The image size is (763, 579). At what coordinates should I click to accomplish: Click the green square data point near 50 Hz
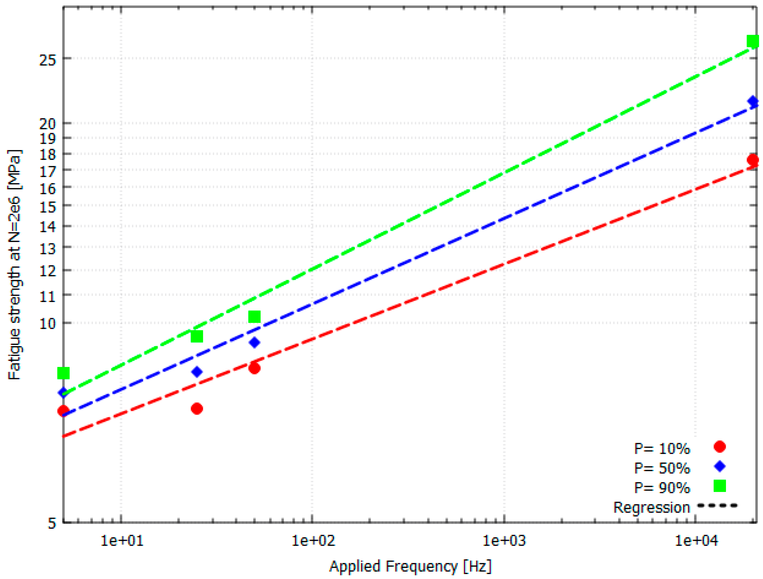[x=254, y=317]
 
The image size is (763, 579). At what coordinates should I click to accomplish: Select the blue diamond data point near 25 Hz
[x=197, y=372]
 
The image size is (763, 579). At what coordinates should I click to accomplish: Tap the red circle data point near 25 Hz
[x=197, y=409]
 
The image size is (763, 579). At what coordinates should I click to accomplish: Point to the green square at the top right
[x=753, y=41]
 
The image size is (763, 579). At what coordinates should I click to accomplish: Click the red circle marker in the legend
[x=720, y=447]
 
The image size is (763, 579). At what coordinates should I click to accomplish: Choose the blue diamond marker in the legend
[x=720, y=466]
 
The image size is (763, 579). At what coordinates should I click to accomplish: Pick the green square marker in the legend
[x=720, y=486]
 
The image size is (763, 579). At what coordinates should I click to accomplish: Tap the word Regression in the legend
[x=652, y=508]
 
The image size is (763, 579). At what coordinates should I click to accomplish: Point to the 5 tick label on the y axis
[x=52, y=523]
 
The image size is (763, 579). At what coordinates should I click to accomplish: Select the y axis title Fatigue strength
[x=14, y=264]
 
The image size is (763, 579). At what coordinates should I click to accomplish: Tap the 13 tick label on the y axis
[x=48, y=248]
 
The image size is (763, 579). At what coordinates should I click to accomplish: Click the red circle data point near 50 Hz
[x=254, y=368]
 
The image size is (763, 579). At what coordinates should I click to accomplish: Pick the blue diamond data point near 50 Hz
[x=254, y=343]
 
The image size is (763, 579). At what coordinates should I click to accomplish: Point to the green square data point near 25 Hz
[x=197, y=336]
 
